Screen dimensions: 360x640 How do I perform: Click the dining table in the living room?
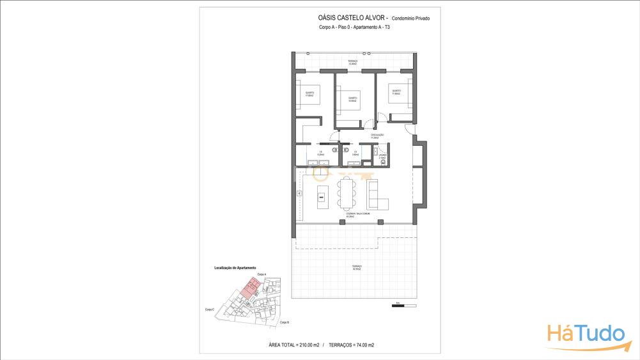tap(348, 192)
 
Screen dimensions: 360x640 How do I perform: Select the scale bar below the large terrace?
tap(398, 306)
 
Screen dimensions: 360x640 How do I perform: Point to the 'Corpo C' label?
tap(209, 309)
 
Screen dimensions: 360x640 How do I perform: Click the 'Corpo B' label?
tap(284, 322)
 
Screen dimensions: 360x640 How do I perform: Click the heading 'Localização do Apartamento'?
tap(235, 268)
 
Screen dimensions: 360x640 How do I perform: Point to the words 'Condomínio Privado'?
tap(410, 19)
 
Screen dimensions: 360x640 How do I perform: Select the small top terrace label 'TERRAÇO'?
tap(353, 61)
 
